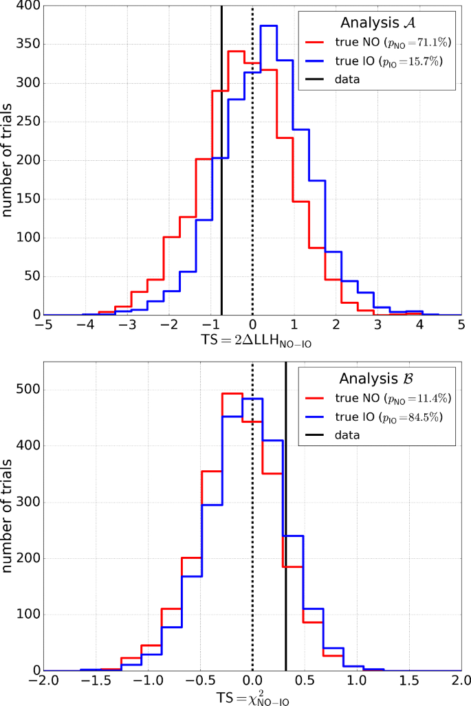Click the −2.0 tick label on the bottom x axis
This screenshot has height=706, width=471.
[x=42, y=683]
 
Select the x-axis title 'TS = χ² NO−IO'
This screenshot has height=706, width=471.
[x=252, y=698]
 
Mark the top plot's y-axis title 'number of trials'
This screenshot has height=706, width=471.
[x=10, y=160]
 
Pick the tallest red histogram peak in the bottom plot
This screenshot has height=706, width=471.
[x=232, y=394]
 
